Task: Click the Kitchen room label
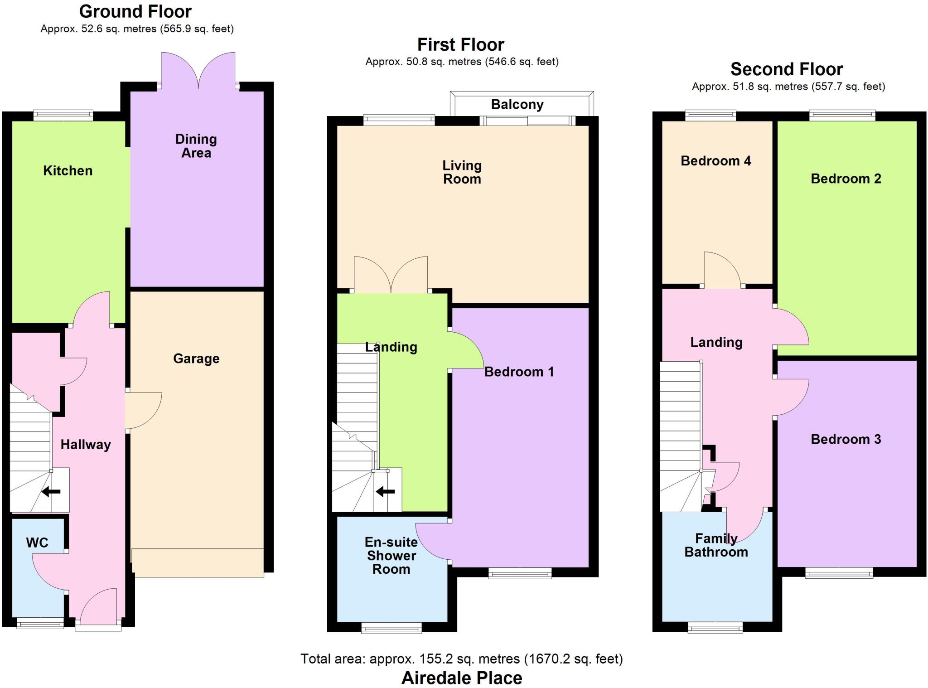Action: [68, 171]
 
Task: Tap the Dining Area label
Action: [196, 146]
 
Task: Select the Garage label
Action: [196, 359]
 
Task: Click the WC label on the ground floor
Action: [37, 543]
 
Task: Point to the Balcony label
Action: [517, 105]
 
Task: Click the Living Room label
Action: [462, 172]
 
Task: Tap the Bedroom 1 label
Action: [519, 372]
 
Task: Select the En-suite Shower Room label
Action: [391, 556]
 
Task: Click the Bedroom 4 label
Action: [715, 161]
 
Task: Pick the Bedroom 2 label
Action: [846, 179]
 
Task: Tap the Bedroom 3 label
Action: [846, 439]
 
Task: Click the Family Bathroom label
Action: [716, 545]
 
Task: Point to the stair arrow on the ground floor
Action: [51, 491]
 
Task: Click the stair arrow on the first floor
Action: [385, 491]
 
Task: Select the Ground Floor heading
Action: [135, 11]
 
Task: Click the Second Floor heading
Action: [787, 69]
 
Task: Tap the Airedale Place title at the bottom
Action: [462, 678]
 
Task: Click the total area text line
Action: [462, 659]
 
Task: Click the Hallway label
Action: [86, 445]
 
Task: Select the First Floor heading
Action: [460, 45]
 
